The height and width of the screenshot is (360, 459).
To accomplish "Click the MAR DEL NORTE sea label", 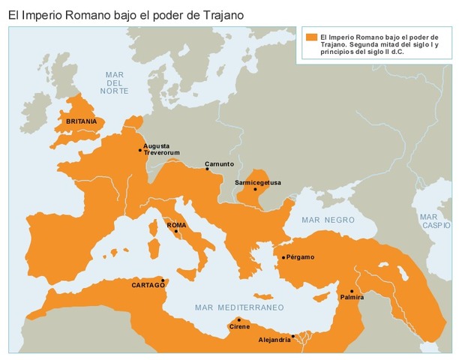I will tap(115, 82).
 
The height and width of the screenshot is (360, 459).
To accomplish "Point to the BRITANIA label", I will tap(81, 121).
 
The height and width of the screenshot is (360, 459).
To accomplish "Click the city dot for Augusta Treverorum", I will tap(140, 150).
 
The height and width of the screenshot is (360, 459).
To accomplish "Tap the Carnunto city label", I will tap(220, 163).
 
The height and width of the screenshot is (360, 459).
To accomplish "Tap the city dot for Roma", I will tap(176, 232).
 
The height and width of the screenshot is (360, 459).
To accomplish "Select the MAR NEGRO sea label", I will tap(327, 220).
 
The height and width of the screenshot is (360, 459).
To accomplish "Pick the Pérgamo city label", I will tap(300, 257).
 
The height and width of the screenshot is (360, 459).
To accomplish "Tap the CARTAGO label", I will tap(148, 285).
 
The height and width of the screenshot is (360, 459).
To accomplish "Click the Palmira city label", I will tap(352, 297).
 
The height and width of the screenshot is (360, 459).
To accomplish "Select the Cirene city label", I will tap(239, 326).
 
